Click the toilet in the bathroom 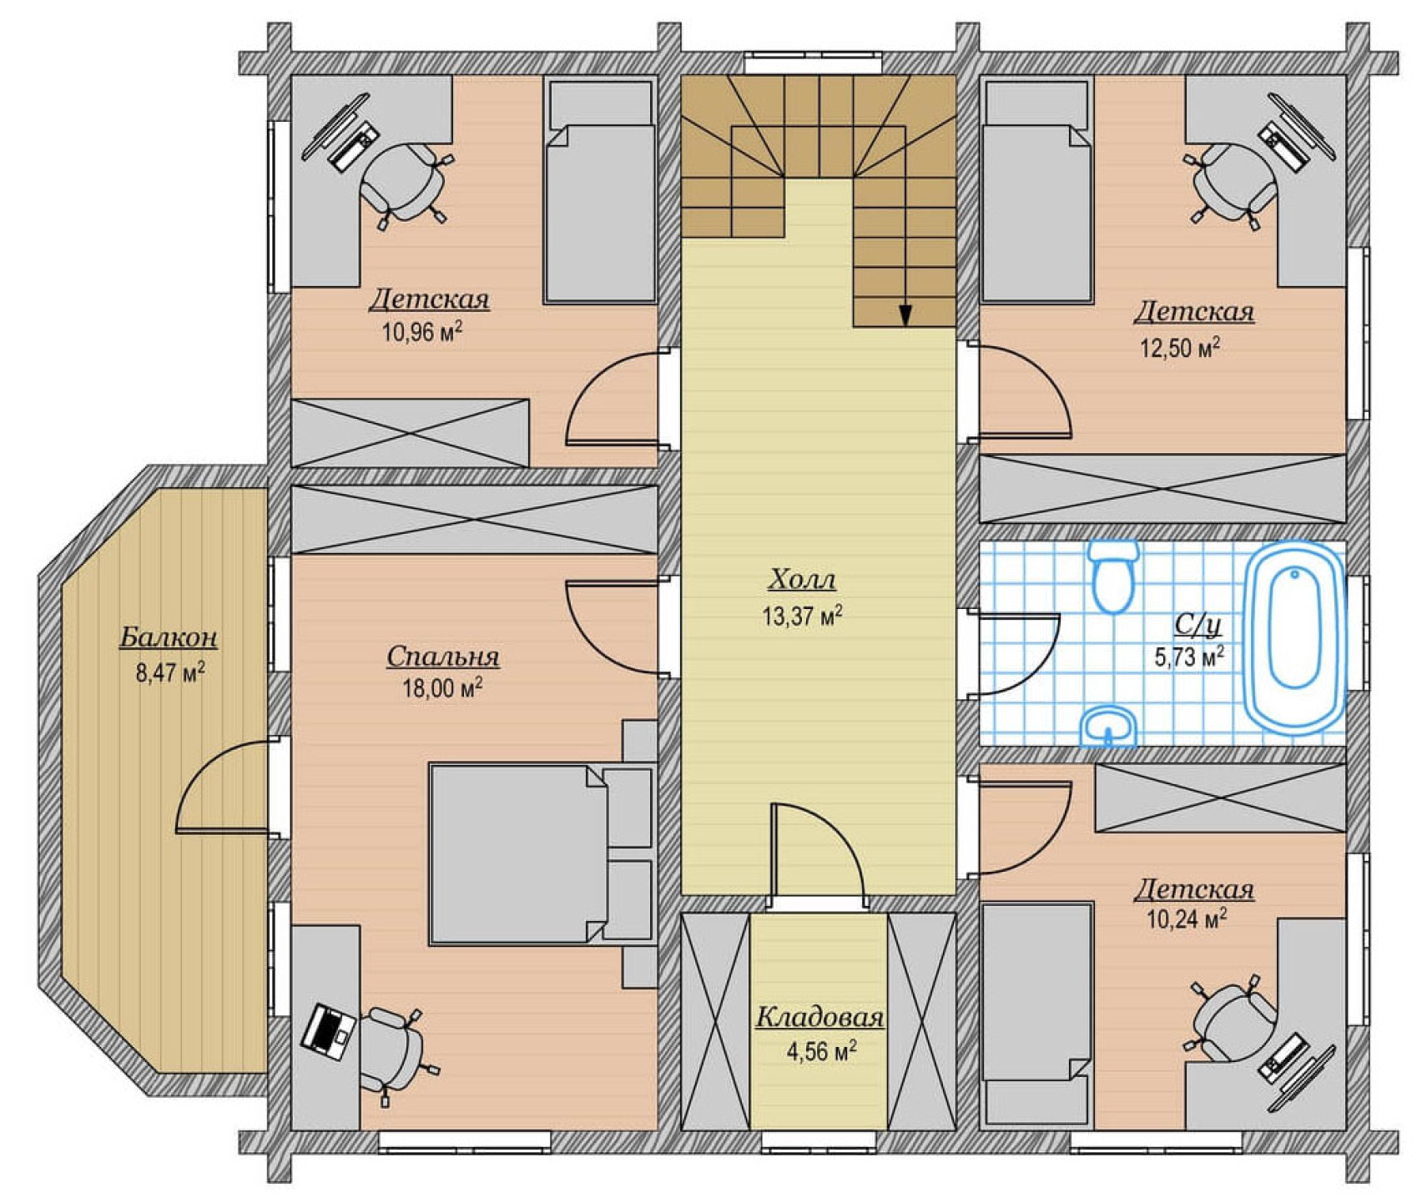[x=1114, y=576]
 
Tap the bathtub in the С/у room [x=1294, y=639]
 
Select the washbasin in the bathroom [x=1109, y=727]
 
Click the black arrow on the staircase [x=905, y=315]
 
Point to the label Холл [x=802, y=579]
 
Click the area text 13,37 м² [x=802, y=616]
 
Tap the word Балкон [x=169, y=637]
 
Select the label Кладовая [x=819, y=1018]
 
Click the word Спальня [x=442, y=658]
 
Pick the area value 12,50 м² [x=1179, y=347]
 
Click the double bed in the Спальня [x=540, y=853]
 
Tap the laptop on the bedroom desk [x=328, y=1031]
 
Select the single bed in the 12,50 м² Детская [x=1037, y=191]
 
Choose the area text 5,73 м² [x=1189, y=657]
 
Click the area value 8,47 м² [x=170, y=672]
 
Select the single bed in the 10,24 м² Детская [x=1037, y=1014]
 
